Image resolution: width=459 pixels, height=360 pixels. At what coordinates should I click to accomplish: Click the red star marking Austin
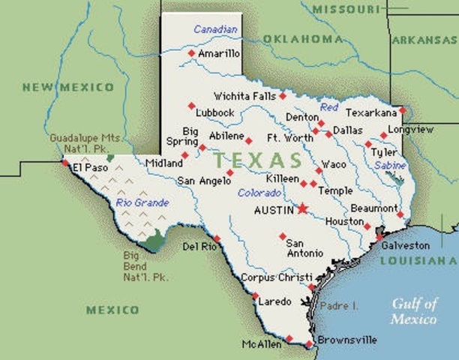tap(303, 208)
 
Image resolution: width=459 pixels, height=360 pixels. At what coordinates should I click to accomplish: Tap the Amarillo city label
tap(218, 53)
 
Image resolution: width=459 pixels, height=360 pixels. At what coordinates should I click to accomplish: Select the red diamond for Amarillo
tap(191, 53)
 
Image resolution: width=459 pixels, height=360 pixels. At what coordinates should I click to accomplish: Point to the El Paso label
tap(87, 168)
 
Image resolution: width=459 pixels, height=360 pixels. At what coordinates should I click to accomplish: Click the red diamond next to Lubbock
tap(191, 105)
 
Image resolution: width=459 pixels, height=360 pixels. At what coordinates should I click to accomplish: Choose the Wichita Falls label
tap(244, 96)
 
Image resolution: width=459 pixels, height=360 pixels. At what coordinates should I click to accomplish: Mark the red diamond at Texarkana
tap(402, 110)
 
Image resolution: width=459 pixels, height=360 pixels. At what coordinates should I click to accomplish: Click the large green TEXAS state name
tap(256, 160)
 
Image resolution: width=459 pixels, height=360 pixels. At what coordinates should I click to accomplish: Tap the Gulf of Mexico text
tap(413, 311)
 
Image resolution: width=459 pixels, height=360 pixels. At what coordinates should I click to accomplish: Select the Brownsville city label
tap(346, 340)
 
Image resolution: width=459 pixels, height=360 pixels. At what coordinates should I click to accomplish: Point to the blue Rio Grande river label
tap(142, 202)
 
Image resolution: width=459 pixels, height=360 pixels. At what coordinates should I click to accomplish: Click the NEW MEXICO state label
tap(67, 87)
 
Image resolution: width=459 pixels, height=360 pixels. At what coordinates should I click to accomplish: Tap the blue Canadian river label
tap(215, 29)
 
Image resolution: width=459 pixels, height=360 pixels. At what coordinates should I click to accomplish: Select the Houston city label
tap(344, 221)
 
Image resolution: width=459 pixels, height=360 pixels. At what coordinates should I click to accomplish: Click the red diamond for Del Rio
tap(217, 238)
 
